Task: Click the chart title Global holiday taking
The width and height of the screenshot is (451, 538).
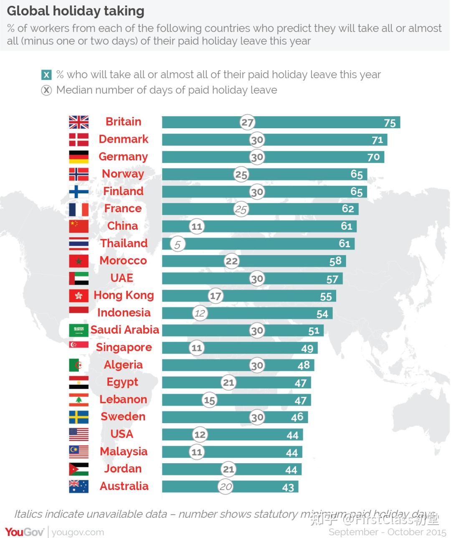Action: (x=76, y=11)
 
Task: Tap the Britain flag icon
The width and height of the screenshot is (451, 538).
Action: (x=79, y=122)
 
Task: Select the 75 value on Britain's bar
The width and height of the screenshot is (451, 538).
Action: (x=389, y=123)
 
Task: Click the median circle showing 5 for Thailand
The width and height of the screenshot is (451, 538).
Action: (x=177, y=244)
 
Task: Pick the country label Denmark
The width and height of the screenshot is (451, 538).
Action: (x=124, y=139)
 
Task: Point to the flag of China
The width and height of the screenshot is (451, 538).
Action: (x=79, y=226)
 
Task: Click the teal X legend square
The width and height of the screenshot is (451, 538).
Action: (x=46, y=75)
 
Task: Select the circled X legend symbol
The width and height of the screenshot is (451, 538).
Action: (x=46, y=90)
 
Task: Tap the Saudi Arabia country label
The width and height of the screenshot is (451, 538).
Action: (x=124, y=330)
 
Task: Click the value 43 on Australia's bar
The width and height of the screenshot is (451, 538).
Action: (x=288, y=487)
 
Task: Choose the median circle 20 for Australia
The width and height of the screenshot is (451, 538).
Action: (x=225, y=487)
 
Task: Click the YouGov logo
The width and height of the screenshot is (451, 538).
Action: (x=24, y=532)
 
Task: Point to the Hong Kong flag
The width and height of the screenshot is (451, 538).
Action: (x=79, y=296)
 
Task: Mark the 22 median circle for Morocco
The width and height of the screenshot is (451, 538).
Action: (x=231, y=261)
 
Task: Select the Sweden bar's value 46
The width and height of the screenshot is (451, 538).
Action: (x=297, y=417)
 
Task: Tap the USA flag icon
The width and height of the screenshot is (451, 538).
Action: (x=79, y=434)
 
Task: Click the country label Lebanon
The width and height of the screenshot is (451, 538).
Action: (x=123, y=399)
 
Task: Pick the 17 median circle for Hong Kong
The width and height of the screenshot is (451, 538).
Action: (x=215, y=296)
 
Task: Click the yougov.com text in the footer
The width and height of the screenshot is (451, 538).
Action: (x=78, y=532)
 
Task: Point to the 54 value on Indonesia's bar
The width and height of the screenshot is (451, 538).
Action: (x=322, y=314)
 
